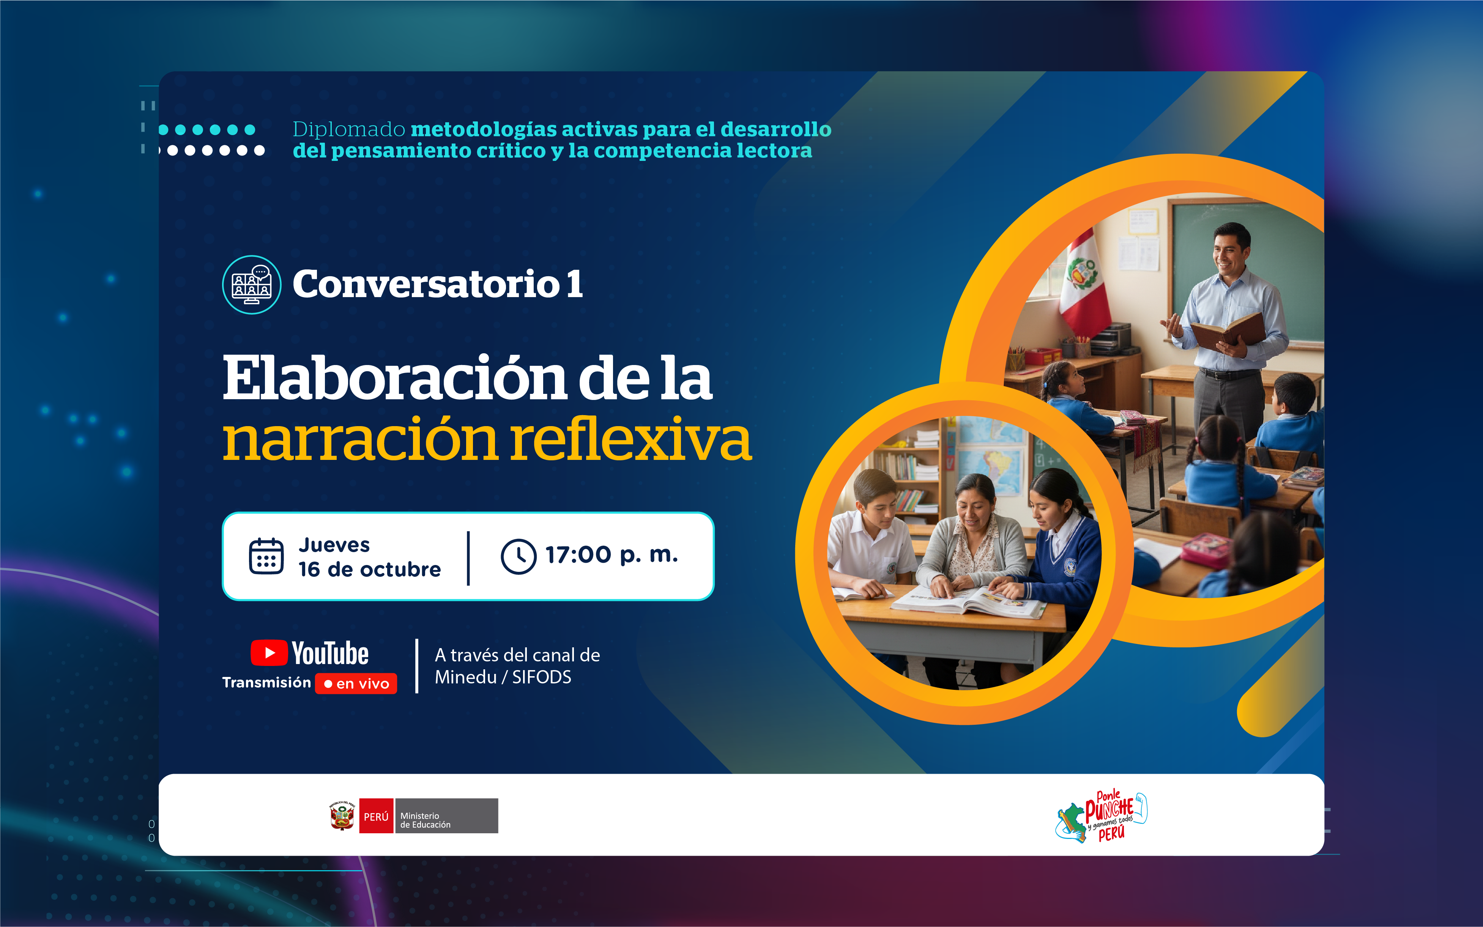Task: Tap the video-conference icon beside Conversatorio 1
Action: point(251,285)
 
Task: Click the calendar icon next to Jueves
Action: point(266,556)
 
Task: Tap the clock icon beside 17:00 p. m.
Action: point(518,556)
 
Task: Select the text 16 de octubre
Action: point(370,570)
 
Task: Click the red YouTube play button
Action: point(269,652)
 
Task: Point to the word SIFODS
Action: point(542,677)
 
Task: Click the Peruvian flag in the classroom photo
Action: point(1083,285)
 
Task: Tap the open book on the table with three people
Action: point(969,600)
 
